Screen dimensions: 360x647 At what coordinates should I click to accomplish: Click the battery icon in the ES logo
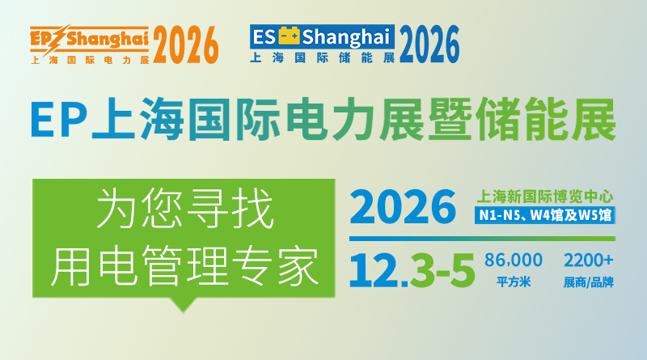click(x=289, y=35)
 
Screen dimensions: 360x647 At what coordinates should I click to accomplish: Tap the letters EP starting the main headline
click(x=57, y=121)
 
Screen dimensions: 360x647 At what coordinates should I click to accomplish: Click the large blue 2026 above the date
click(x=404, y=206)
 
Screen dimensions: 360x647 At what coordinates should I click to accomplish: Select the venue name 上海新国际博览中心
click(x=547, y=196)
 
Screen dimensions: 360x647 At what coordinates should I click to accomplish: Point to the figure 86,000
click(x=513, y=260)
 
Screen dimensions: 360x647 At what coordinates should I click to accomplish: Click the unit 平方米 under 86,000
click(x=513, y=282)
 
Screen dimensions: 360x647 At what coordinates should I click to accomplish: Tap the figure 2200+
click(x=589, y=260)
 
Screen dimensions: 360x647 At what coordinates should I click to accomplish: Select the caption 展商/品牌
click(x=589, y=282)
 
